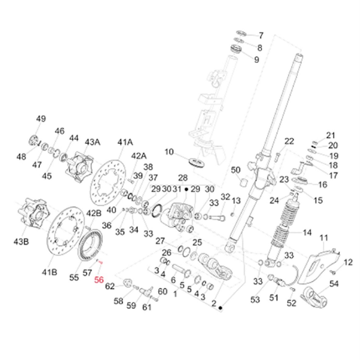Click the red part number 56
coord(99,279)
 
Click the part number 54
coord(334,284)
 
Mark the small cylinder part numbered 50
coord(244,182)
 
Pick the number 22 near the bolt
coord(289,141)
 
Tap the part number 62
coord(110,286)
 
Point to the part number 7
coord(261,35)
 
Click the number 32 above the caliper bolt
coord(225,196)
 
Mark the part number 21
coord(330,135)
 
